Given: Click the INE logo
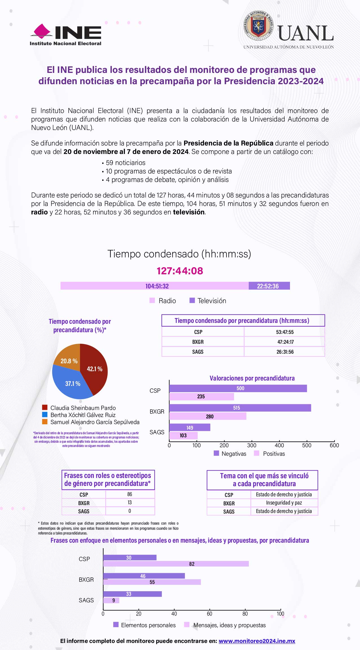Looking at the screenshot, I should pyautogui.click(x=66, y=35).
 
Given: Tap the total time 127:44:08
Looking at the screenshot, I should pyautogui.click(x=180, y=271).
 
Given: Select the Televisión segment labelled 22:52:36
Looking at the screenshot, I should pyautogui.click(x=269, y=286).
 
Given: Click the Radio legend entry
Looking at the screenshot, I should pyautogui.click(x=163, y=301).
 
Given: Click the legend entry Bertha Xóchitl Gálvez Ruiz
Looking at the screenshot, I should pyautogui.click(x=83, y=415).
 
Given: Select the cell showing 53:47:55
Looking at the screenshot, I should pyautogui.click(x=285, y=332).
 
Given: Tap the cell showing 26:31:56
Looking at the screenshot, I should pyautogui.click(x=285, y=352).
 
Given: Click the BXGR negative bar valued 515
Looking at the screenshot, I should pyautogui.click(x=240, y=408).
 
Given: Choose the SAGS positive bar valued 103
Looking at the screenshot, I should pyautogui.click(x=183, y=436).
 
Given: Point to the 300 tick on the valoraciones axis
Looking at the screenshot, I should pyautogui.click(x=252, y=445).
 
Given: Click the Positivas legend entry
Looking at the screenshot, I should pyautogui.click(x=270, y=454).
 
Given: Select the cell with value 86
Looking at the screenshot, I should pyautogui.click(x=130, y=494).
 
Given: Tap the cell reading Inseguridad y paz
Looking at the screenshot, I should pyautogui.click(x=284, y=503).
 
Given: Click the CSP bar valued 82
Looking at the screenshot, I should pyautogui.click(x=176, y=564).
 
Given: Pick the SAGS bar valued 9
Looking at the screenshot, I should pyautogui.click(x=111, y=600).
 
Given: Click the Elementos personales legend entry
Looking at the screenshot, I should pyautogui.click(x=144, y=625).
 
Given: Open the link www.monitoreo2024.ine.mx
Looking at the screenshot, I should pyautogui.click(x=257, y=641).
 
